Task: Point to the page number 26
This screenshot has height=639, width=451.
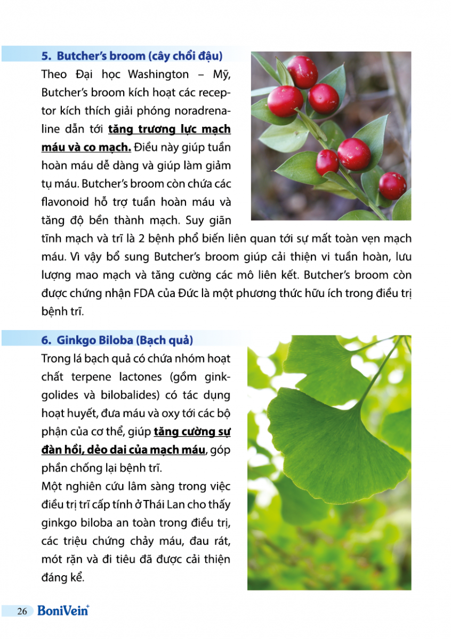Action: tap(22, 611)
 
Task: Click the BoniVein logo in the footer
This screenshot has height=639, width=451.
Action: tap(63, 611)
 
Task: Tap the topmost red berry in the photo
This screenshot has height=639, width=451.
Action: tap(303, 72)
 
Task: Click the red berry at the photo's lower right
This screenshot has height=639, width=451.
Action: tap(392, 185)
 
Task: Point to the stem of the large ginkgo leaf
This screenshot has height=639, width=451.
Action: tap(381, 373)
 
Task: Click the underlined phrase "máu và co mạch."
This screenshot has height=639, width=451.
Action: tap(86, 148)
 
